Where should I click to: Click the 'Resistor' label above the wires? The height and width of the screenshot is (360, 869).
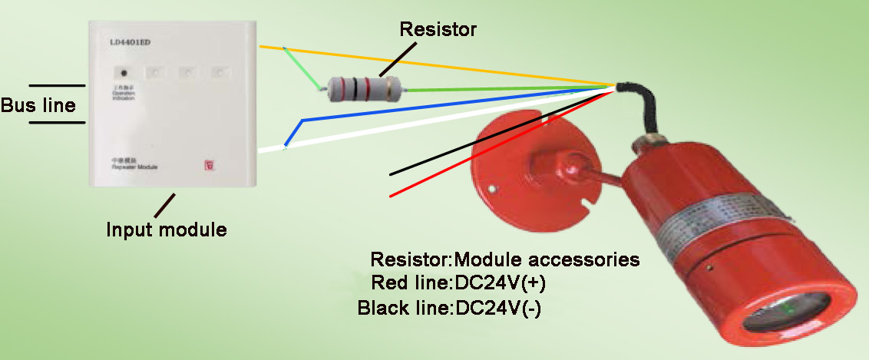point(438,30)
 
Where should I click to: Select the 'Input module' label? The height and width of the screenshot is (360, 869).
point(167,229)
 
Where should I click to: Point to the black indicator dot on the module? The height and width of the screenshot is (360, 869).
point(123,73)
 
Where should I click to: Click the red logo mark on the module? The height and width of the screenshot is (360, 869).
point(209,164)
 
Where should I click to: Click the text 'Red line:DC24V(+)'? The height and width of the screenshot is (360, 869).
point(458,283)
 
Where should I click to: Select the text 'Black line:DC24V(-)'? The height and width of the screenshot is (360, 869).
point(450,308)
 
